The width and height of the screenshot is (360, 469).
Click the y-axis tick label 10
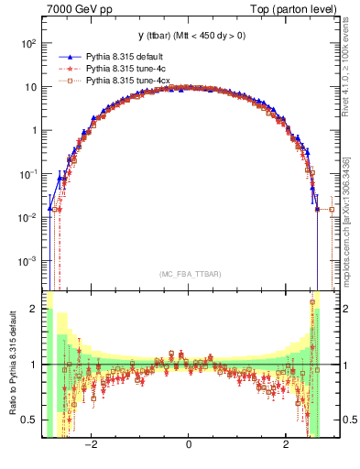tap(30, 87)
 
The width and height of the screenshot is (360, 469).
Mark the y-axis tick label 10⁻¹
tap(27, 173)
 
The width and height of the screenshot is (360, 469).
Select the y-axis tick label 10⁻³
tap(27, 260)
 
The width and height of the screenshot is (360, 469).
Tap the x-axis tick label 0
tap(188, 445)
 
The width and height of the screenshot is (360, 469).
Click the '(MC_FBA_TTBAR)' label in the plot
tap(190, 274)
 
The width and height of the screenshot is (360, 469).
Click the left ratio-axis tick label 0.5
tap(30, 420)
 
